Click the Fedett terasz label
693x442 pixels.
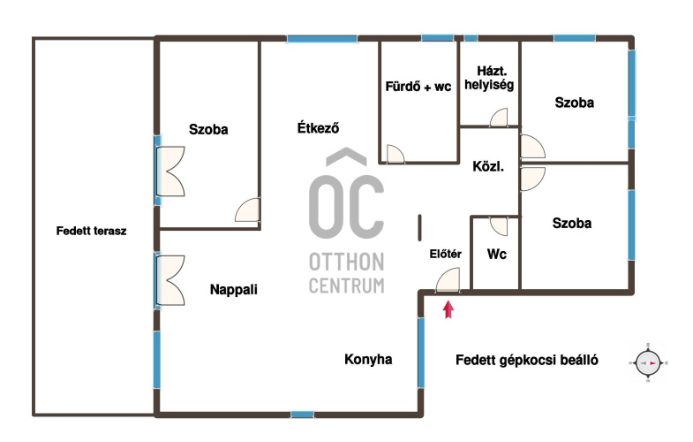pyautogui.click(x=92, y=231)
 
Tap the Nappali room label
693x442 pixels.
pyautogui.click(x=233, y=290)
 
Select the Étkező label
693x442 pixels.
pyautogui.click(x=318, y=128)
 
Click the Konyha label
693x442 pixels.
pyautogui.click(x=368, y=359)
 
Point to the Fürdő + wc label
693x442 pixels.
pyautogui.click(x=418, y=87)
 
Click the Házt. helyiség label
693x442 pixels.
pyautogui.click(x=489, y=79)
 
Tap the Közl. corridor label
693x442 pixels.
pyautogui.click(x=488, y=167)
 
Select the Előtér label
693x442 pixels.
pyautogui.click(x=446, y=254)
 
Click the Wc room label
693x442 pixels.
pyautogui.click(x=496, y=255)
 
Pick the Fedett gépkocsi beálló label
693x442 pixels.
pyautogui.click(x=527, y=360)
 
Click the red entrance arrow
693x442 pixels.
pyautogui.click(x=448, y=309)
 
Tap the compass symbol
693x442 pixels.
pyautogui.click(x=648, y=362)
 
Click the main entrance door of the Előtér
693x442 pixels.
pyautogui.click(x=448, y=280)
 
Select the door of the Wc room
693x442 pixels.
pyautogui.click(x=499, y=226)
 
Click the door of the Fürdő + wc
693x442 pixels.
pyautogui.click(x=395, y=154)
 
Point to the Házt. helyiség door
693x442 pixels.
pyautogui.click(x=499, y=118)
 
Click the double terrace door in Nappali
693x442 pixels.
pyautogui.click(x=170, y=280)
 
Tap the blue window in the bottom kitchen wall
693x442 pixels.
pyautogui.click(x=302, y=415)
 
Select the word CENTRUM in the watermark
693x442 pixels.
pyautogui.click(x=346, y=286)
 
